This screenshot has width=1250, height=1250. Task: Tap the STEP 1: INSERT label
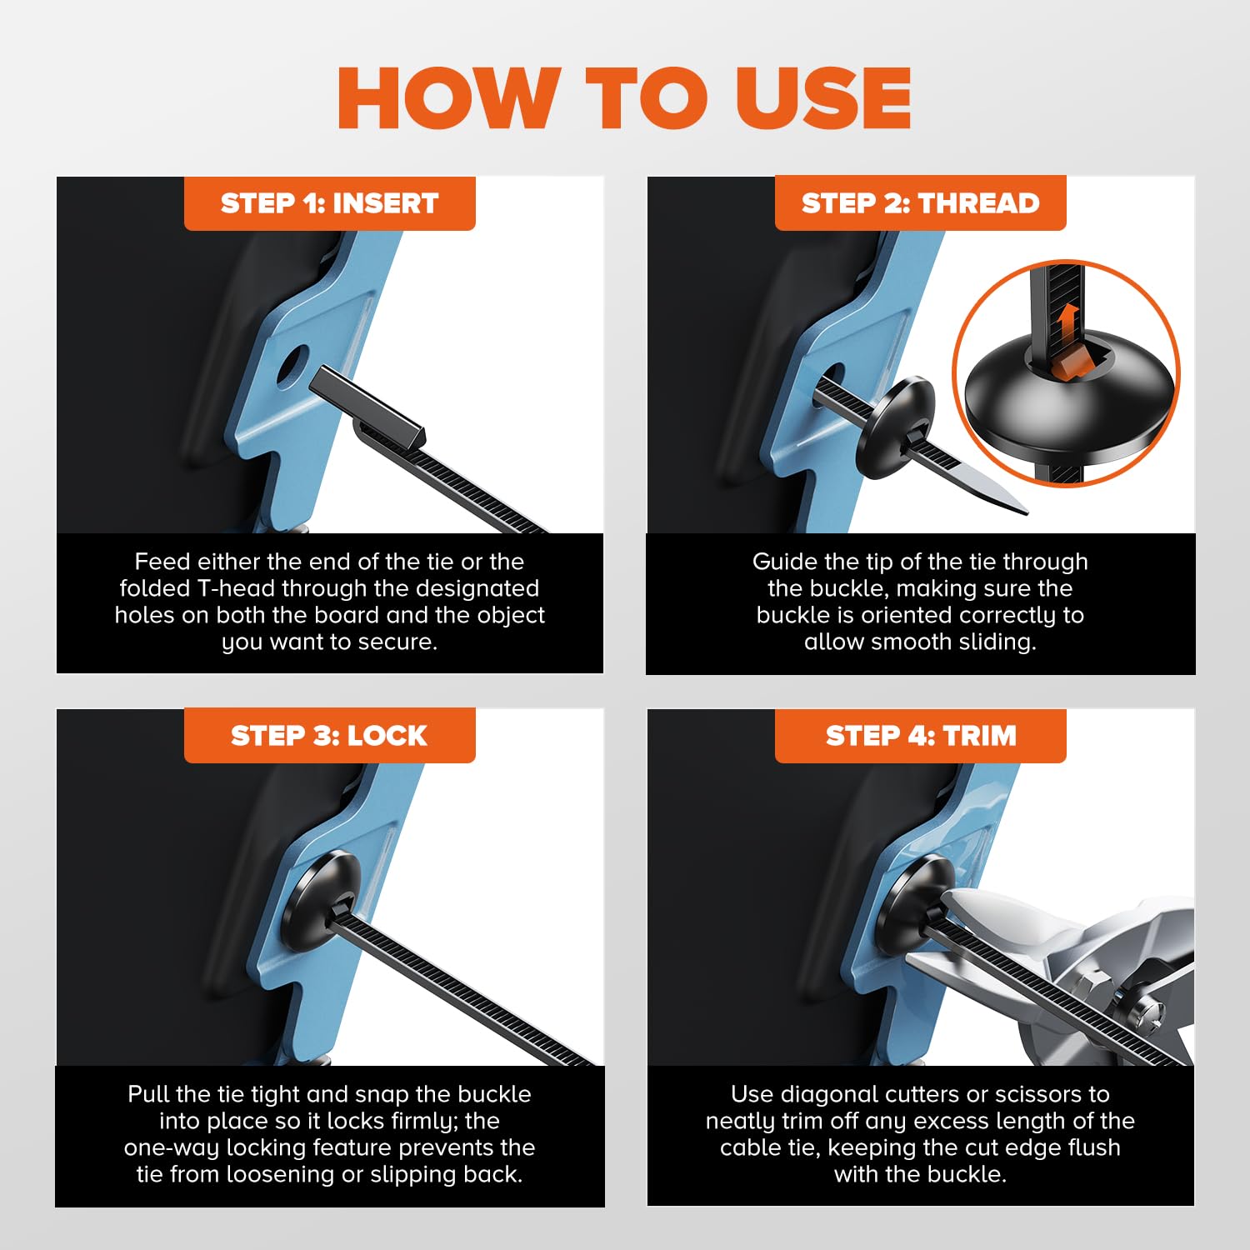click(x=330, y=203)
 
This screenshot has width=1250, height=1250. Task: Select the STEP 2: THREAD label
click(x=921, y=203)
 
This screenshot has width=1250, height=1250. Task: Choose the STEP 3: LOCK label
click(x=330, y=736)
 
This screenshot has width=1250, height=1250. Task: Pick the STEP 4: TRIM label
click(x=921, y=736)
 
